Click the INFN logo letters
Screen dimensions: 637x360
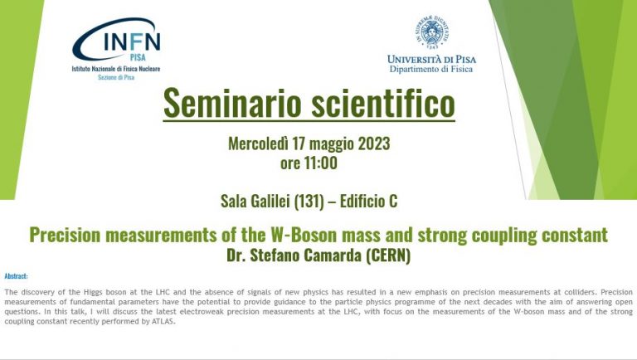coord(132,41)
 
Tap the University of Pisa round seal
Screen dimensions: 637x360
coord(432,32)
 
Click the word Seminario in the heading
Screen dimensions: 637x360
coord(232,103)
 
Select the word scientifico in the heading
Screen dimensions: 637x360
coord(382,103)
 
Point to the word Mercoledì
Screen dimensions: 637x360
coord(259,144)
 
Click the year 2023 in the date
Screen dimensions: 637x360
coord(374,144)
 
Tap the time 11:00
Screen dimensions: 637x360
coord(320,163)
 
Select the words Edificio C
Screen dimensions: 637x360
coord(368,201)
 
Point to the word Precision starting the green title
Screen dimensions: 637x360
coord(65,235)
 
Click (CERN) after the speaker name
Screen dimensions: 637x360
coord(388,255)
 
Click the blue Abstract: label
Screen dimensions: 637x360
coord(17,276)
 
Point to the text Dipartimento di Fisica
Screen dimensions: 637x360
coord(431,69)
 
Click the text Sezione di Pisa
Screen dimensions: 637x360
coord(116,77)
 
